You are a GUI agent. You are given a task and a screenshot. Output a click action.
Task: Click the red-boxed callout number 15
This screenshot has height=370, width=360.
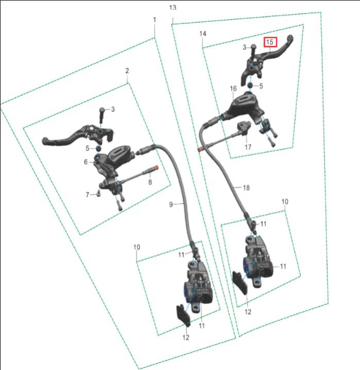tap(270, 42)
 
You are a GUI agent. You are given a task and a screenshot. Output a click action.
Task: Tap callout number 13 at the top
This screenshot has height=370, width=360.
tap(173, 8)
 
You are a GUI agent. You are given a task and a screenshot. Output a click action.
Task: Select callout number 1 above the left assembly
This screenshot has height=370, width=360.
tap(155, 20)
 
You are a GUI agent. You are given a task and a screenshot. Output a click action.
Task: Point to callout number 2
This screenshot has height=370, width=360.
tap(127, 71)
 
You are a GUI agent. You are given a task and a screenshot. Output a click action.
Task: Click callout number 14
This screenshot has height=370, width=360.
tap(203, 33)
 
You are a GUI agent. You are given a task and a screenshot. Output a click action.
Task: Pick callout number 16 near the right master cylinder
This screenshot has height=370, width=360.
tap(233, 89)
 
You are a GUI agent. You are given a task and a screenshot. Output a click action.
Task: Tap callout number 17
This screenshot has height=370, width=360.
tap(248, 147)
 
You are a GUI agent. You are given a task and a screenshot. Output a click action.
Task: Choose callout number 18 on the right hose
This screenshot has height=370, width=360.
tap(246, 188)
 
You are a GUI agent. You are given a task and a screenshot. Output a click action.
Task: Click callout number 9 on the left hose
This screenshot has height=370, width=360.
tap(171, 205)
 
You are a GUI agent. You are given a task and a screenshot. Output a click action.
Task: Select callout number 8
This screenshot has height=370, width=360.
tap(150, 182)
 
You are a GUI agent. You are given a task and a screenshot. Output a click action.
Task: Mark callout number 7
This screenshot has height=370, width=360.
tap(88, 195)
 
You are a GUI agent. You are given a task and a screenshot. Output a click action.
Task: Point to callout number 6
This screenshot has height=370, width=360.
tap(86, 162)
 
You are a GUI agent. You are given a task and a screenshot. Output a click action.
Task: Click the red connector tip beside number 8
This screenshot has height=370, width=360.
tap(156, 168)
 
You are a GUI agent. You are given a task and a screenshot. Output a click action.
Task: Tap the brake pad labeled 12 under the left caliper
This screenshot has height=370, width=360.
tap(183, 315)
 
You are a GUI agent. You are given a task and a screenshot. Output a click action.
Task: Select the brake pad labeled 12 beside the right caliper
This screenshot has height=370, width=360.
tap(240, 283)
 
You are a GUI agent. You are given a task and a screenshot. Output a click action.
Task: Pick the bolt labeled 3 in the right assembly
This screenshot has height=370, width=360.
tap(253, 52)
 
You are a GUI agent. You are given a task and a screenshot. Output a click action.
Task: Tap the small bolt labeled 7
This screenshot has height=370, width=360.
tap(98, 194)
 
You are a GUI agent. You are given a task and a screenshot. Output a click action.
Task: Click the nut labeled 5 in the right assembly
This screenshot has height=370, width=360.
tap(250, 85)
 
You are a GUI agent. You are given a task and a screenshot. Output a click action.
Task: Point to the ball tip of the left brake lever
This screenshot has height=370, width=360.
tap(45, 141)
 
